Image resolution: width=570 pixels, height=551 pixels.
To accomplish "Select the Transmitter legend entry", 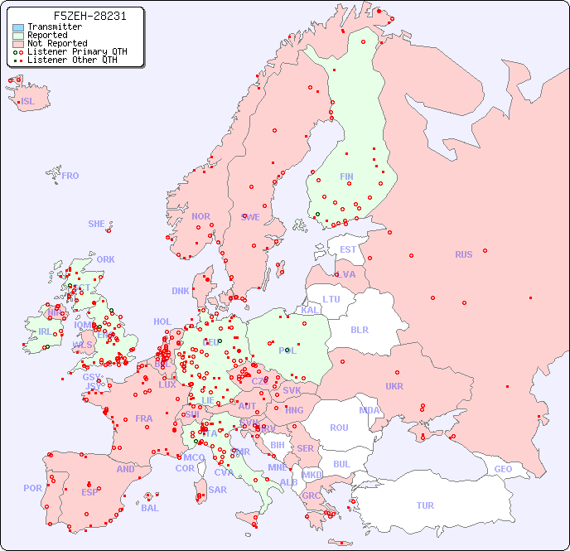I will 54,27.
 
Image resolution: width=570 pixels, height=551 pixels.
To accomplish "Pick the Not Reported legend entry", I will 56,43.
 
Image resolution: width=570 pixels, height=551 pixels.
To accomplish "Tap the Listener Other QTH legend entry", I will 73,60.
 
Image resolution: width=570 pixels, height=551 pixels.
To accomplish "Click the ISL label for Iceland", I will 28,102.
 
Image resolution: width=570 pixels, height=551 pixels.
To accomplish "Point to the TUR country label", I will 425,505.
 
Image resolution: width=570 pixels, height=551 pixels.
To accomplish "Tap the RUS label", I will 463,254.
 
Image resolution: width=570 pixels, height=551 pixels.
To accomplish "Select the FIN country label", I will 346,176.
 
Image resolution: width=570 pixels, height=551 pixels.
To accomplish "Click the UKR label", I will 394,386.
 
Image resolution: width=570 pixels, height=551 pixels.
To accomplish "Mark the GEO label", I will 503,469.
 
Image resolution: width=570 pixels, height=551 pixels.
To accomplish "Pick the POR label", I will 32,488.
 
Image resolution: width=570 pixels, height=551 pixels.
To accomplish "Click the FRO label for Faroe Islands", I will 70,176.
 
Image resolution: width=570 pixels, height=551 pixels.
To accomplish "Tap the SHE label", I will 97,224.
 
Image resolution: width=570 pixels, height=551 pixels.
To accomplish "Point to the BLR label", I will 360,329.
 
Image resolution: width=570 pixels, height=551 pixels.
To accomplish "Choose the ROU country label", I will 339,428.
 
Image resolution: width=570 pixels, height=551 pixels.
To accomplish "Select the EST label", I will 348,249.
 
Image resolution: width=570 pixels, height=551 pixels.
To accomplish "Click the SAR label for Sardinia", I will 218,490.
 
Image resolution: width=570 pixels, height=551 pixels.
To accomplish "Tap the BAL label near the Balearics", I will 149,508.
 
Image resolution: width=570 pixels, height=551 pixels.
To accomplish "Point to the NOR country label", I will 200,216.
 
